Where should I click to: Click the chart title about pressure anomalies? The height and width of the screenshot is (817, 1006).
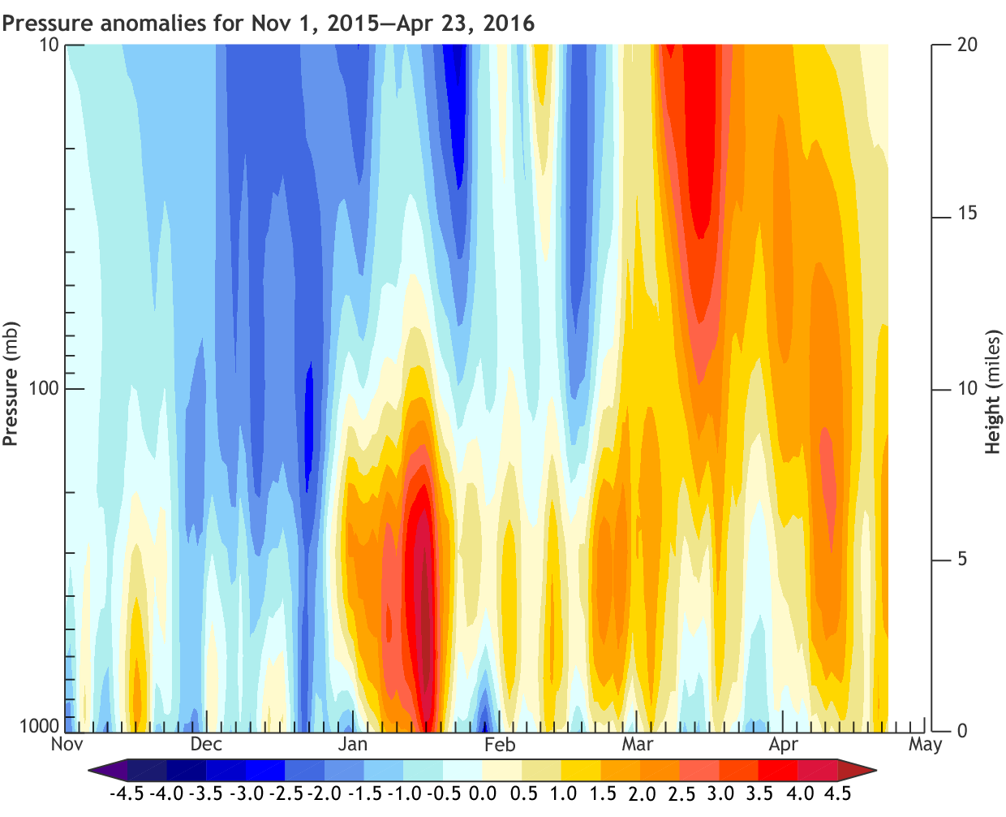click(268, 22)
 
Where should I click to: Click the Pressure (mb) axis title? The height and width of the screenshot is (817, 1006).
click(11, 384)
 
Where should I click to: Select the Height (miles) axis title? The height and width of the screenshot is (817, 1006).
click(992, 391)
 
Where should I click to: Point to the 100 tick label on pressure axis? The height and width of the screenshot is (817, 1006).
click(44, 388)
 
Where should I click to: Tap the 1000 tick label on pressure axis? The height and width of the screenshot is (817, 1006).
click(39, 726)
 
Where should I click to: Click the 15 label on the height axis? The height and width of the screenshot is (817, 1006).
click(967, 214)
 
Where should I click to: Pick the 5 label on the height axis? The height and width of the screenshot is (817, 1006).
click(962, 560)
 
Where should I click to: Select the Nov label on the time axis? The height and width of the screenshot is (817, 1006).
click(67, 745)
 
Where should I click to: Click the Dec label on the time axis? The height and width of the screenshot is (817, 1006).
click(206, 745)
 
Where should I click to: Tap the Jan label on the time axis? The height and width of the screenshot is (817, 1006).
click(352, 745)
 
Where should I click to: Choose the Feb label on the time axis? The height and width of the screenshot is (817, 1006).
click(499, 745)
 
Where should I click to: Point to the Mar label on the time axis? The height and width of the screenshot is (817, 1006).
click(638, 745)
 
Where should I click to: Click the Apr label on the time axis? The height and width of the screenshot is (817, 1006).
click(784, 745)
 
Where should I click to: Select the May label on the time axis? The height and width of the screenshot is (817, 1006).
click(925, 745)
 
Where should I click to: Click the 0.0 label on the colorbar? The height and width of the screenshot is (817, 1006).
click(483, 793)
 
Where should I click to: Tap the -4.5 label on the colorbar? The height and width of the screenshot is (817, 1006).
click(126, 793)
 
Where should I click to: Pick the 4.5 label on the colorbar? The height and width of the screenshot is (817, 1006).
click(837, 793)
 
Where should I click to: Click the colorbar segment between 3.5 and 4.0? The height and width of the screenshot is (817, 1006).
click(778, 770)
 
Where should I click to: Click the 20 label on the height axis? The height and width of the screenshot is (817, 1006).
click(967, 45)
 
